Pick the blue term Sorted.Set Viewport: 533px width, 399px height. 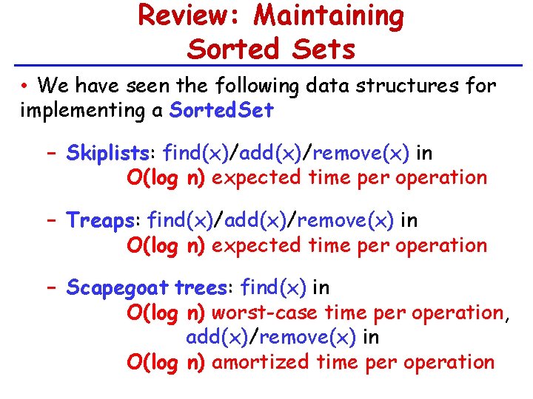point(221,111)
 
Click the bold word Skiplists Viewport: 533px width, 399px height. point(107,154)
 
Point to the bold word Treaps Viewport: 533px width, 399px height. point(100,220)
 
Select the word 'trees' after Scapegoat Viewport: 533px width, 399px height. point(204,287)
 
